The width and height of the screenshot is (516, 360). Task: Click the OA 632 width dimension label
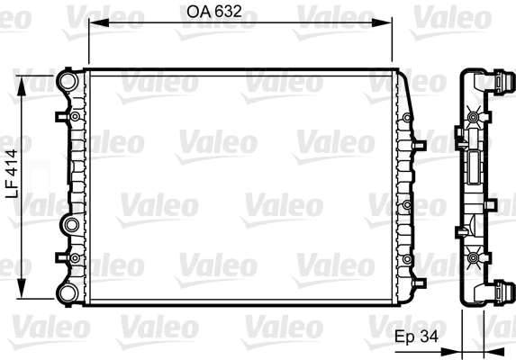coord(215,12)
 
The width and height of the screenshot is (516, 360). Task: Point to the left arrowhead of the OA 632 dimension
coord(92,27)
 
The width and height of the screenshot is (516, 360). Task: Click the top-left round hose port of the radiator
coord(66,81)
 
